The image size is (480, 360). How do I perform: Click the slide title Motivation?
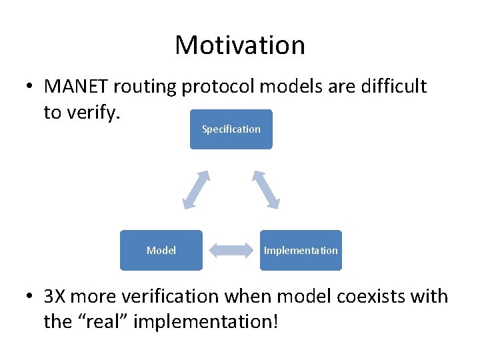pyautogui.click(x=240, y=45)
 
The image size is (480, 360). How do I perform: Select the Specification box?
pyautogui.click(x=231, y=129)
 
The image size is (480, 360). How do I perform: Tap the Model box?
pyautogui.click(x=161, y=251)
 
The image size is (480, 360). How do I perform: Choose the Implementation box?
pyautogui.click(x=301, y=251)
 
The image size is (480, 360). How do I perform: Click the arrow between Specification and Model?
pyautogui.click(x=196, y=189)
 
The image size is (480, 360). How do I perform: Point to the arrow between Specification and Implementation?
pyautogui.click(x=266, y=189)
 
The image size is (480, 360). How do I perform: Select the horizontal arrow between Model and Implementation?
pyautogui.click(x=231, y=251)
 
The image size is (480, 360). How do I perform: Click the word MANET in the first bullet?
pyautogui.click(x=77, y=87)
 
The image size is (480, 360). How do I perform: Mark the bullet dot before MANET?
pyautogui.click(x=31, y=87)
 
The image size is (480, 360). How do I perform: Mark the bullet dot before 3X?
pyautogui.click(x=31, y=297)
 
